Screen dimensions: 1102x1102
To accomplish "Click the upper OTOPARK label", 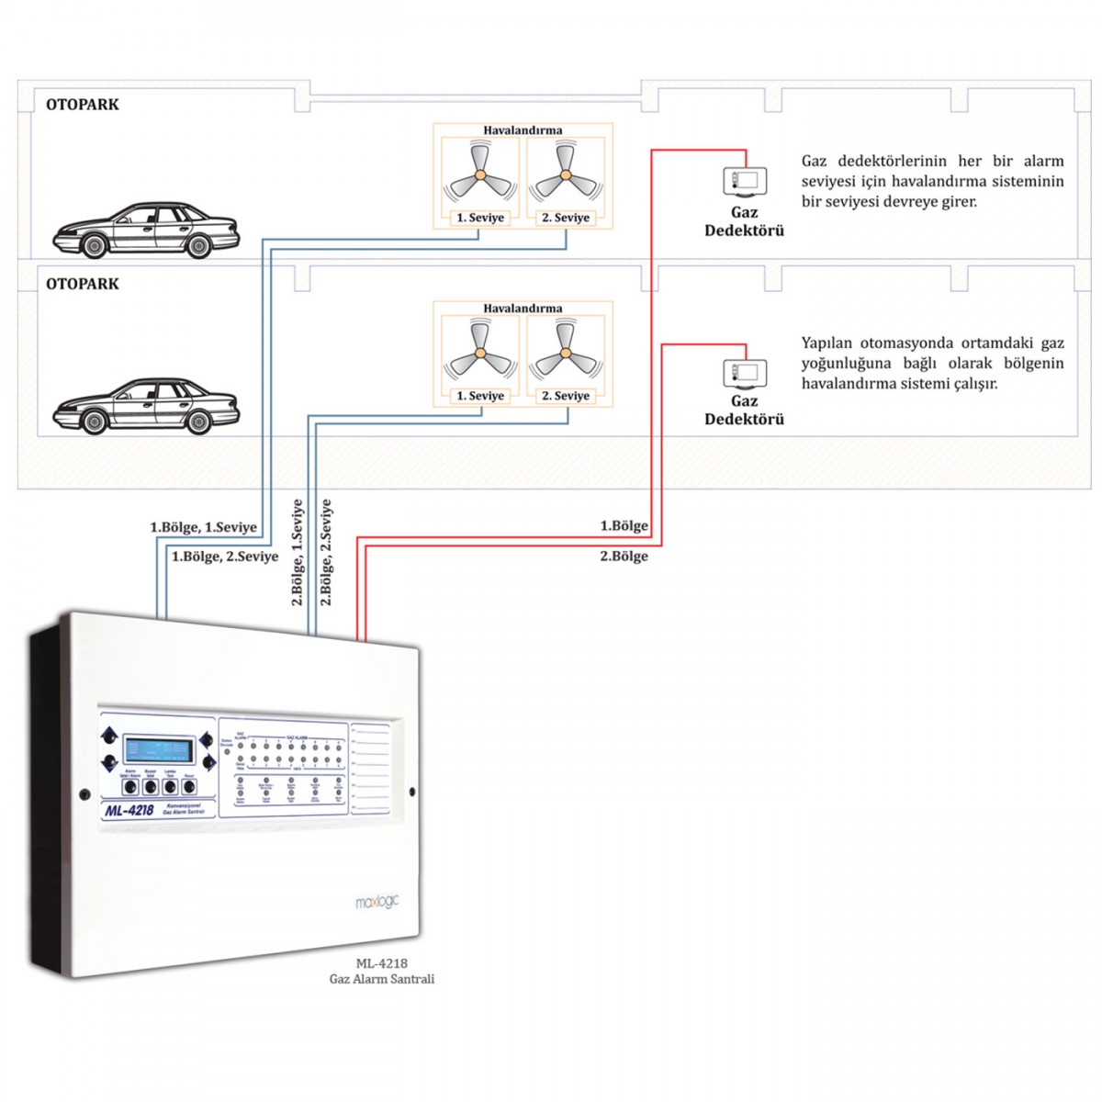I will (83, 105).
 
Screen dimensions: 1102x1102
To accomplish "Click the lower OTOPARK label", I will (83, 284).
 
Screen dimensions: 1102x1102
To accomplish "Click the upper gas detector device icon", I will (744, 181).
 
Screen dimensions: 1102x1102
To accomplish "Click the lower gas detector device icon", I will (744, 373).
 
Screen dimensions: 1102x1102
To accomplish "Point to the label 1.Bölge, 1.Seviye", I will (204, 528).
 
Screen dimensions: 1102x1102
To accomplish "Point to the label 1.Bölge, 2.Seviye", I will (225, 557).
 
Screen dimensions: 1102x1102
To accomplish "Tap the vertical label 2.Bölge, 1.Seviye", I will (298, 552).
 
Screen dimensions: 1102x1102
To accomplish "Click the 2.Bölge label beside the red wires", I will (624, 557).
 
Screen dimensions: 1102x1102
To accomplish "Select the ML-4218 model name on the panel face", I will (129, 810).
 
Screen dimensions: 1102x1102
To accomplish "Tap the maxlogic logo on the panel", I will (377, 903).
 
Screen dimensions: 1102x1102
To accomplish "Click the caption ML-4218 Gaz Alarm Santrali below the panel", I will (382, 972).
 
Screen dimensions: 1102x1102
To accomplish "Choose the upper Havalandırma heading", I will (523, 130).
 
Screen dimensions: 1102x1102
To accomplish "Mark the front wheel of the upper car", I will (94, 246).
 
